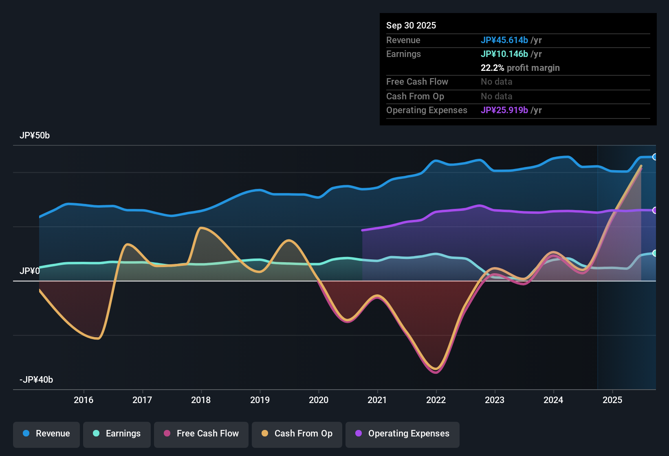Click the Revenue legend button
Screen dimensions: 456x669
point(46,434)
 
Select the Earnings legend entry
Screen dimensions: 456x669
point(117,434)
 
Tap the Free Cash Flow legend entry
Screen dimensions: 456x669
point(201,434)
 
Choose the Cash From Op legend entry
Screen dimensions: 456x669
point(297,434)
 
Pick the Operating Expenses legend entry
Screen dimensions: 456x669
point(403,434)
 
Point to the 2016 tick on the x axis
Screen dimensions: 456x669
point(84,400)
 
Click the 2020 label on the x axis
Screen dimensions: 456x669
point(319,400)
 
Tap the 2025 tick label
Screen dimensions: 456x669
point(612,400)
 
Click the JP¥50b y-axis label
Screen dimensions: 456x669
point(35,136)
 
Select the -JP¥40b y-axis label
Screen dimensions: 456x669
point(36,380)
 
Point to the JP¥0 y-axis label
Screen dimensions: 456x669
point(29,271)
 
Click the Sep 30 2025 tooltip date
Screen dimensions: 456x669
point(411,26)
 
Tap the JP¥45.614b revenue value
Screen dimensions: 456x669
point(504,40)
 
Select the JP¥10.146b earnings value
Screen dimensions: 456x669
point(504,54)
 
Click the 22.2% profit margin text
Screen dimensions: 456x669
point(520,68)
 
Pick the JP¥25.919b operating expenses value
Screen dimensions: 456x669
point(504,110)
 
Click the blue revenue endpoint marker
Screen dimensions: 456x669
point(654,157)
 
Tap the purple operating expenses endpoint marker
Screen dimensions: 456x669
point(654,210)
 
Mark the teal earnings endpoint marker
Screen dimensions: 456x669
point(654,253)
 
